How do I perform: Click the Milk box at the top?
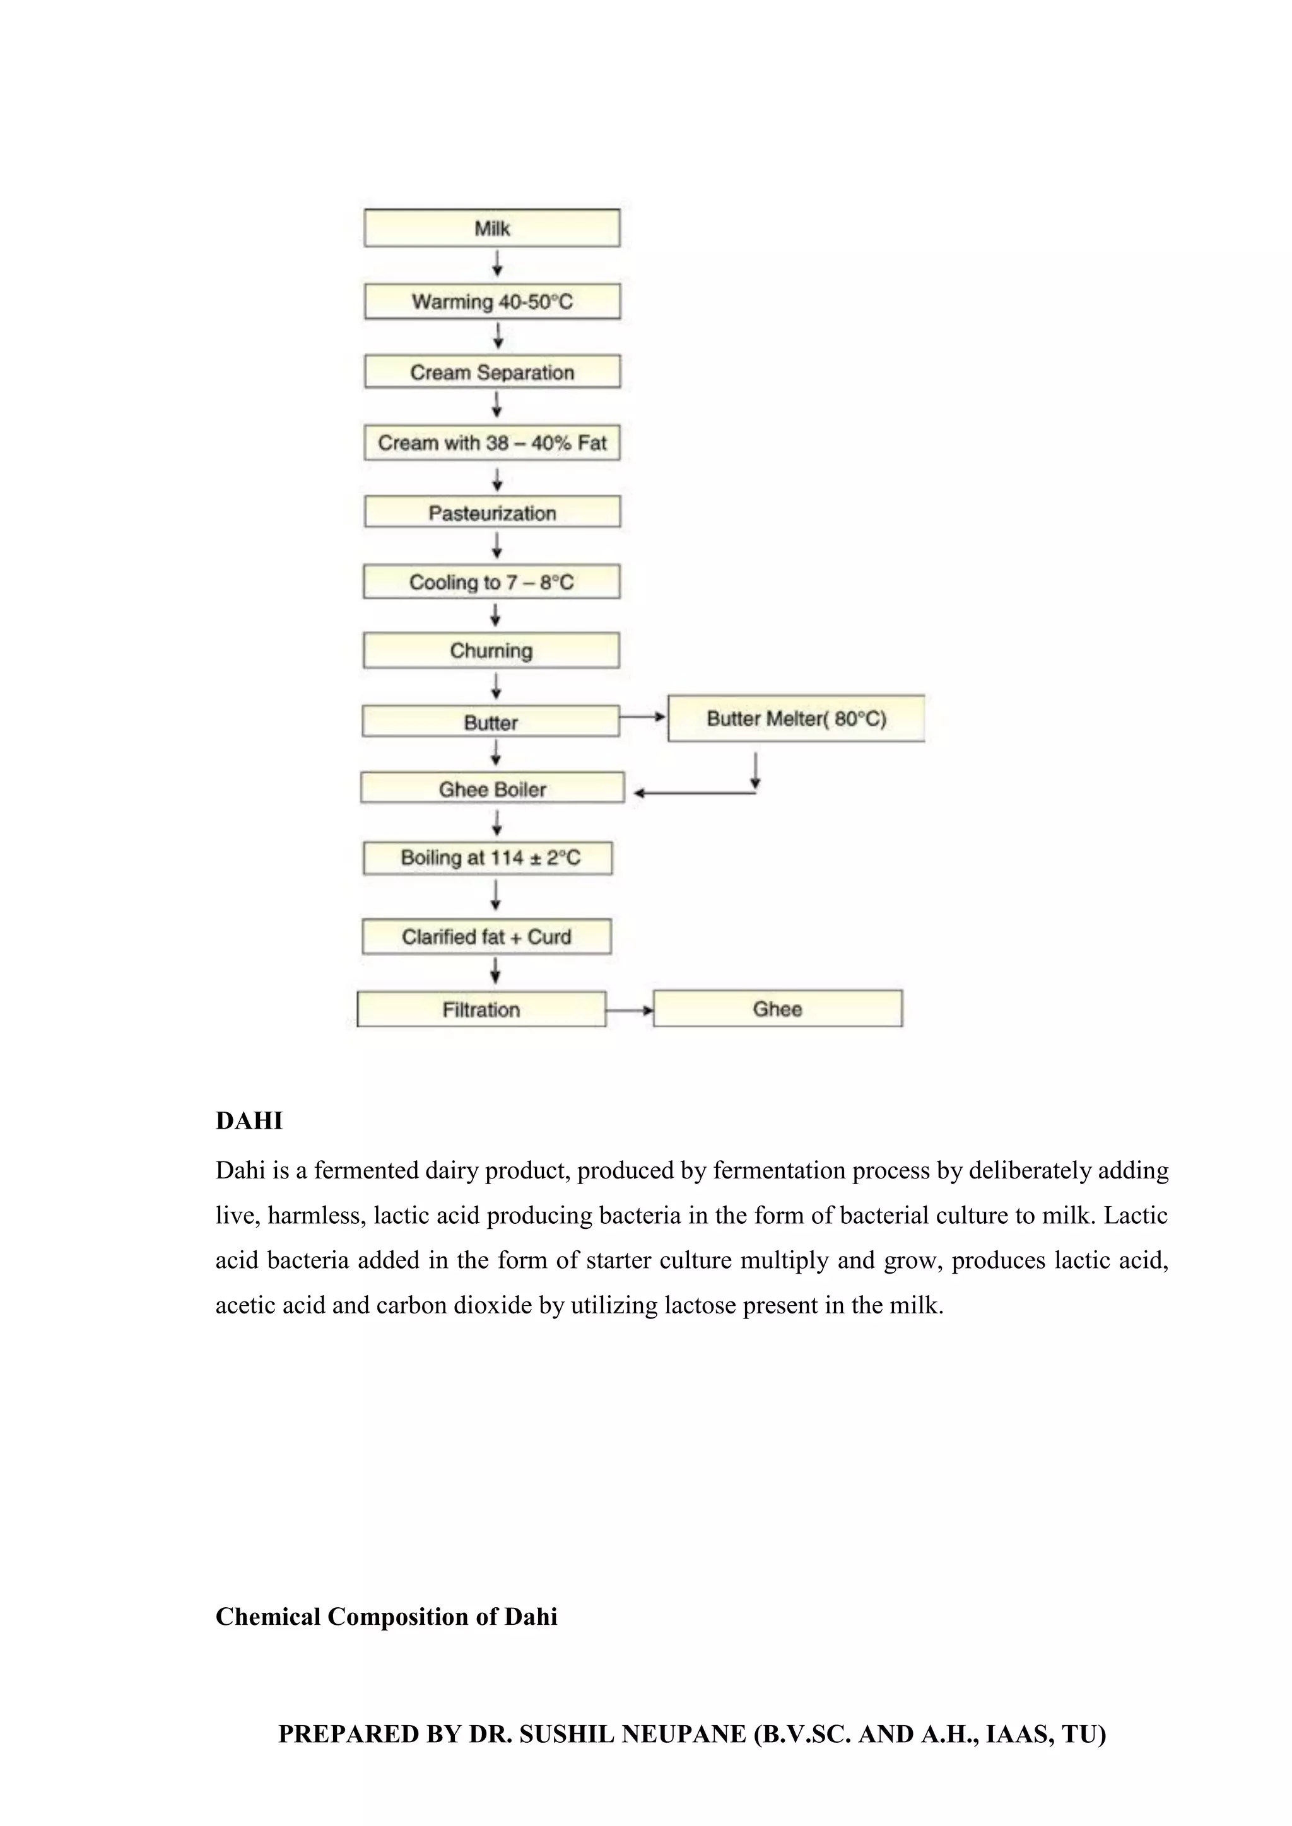pos(491,228)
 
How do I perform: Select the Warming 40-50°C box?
pos(491,301)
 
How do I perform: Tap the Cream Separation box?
pos(491,372)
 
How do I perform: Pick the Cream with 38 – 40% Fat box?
pos(491,443)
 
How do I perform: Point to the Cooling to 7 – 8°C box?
pos(491,582)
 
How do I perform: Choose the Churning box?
pos(491,651)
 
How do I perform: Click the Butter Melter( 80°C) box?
pos(796,719)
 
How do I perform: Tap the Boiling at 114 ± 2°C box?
pos(488,858)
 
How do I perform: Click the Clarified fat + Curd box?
pos(486,937)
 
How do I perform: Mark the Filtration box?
pos(481,1009)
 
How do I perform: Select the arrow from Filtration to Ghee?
pos(630,1011)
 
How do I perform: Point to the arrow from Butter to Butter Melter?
pos(643,716)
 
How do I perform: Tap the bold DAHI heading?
pos(249,1120)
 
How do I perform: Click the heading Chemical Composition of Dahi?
pos(386,1617)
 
